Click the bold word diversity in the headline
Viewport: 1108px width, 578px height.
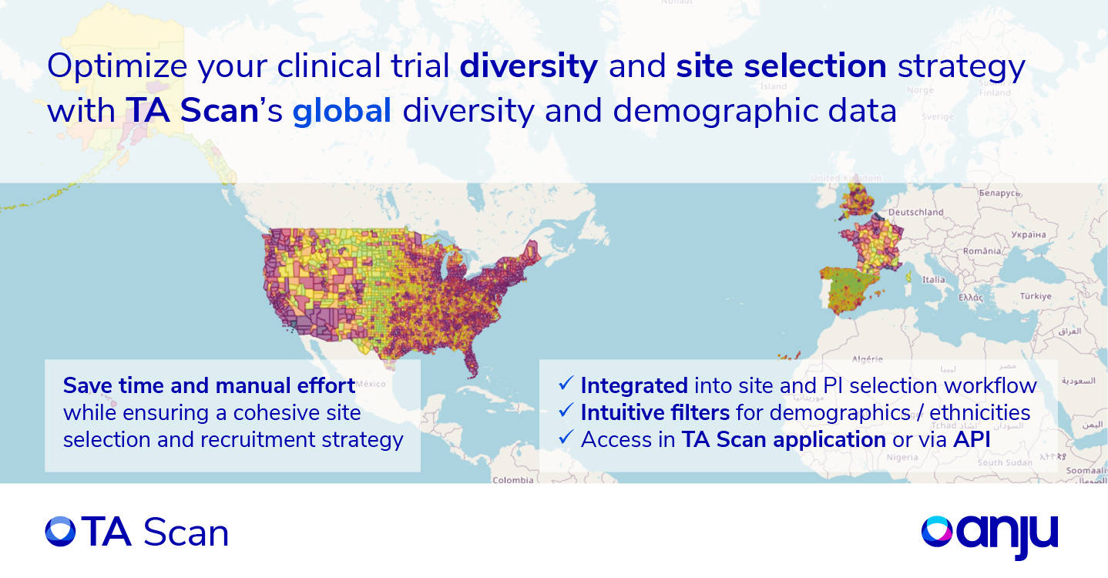pyautogui.click(x=529, y=67)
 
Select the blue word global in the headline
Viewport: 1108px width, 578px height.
pyautogui.click(x=342, y=112)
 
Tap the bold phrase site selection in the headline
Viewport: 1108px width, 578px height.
pyautogui.click(x=781, y=67)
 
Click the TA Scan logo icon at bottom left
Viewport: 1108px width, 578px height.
pyautogui.click(x=60, y=532)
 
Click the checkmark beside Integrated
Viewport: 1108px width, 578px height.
pyautogui.click(x=566, y=384)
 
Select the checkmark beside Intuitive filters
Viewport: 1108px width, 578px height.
pyautogui.click(x=566, y=412)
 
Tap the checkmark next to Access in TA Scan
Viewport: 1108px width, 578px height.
pyautogui.click(x=566, y=439)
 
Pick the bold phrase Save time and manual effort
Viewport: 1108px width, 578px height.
pyautogui.click(x=209, y=385)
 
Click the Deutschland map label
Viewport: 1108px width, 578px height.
pyautogui.click(x=915, y=212)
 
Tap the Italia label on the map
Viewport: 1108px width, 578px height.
pyautogui.click(x=933, y=280)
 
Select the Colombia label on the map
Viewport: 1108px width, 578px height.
pyautogui.click(x=512, y=479)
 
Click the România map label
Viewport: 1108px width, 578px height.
pyautogui.click(x=982, y=250)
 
